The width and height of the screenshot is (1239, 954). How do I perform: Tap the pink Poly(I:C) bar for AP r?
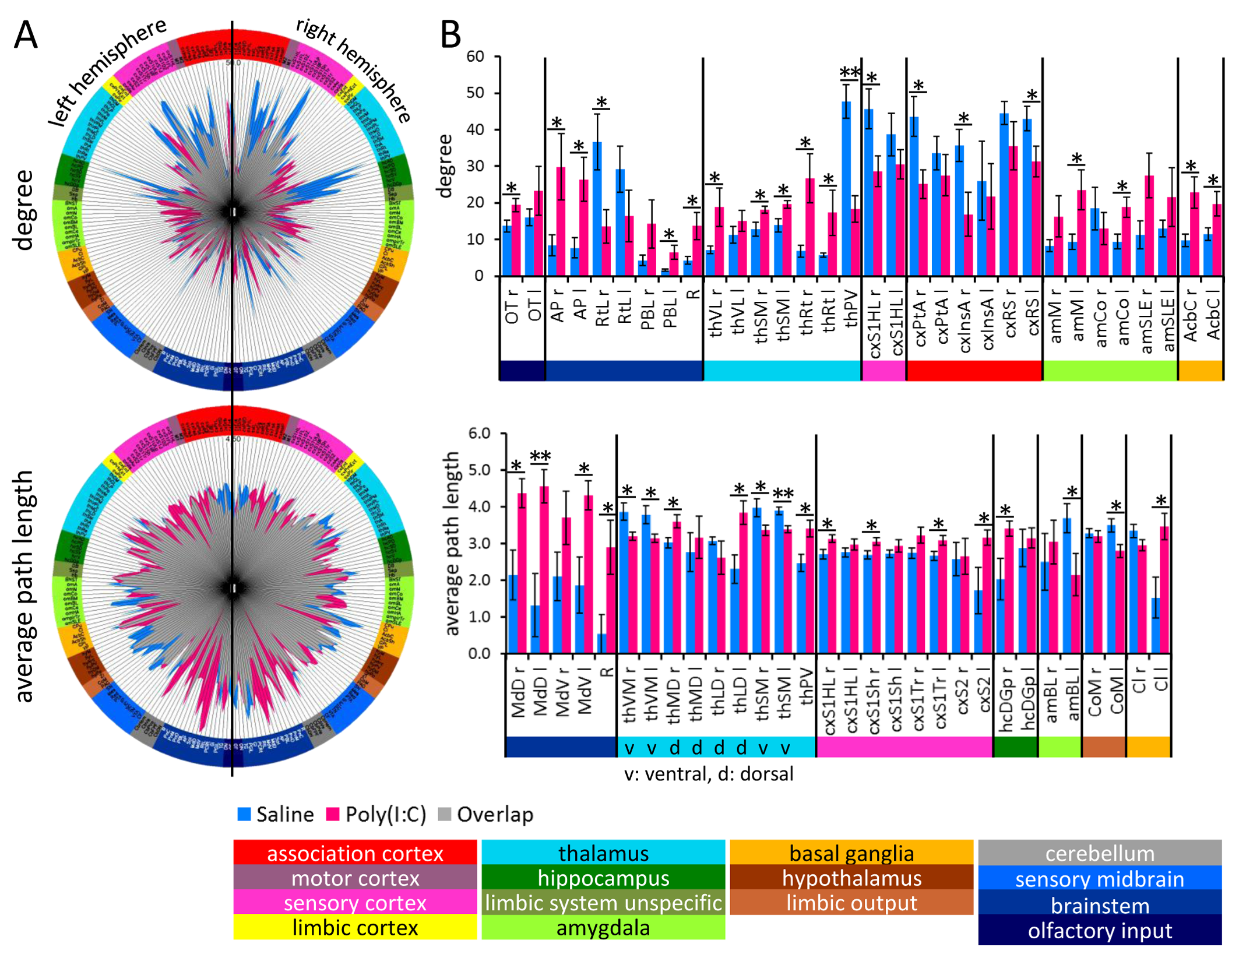[x=561, y=221]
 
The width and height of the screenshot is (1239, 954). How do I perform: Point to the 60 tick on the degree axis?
[x=476, y=57]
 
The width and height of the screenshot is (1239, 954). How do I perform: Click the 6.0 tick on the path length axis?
[x=480, y=433]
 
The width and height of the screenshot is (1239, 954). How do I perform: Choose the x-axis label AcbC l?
[x=1213, y=318]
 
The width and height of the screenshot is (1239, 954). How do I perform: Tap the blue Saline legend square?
[x=244, y=814]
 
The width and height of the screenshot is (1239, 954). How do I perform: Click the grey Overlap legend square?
[x=445, y=814]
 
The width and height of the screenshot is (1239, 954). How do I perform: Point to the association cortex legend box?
[x=355, y=853]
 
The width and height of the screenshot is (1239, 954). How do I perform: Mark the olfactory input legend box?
[x=1100, y=931]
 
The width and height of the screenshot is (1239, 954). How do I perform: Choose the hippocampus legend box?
[x=603, y=878]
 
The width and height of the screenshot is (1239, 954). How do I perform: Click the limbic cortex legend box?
[x=355, y=927]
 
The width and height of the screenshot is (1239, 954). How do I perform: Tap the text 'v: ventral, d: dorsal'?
[x=708, y=774]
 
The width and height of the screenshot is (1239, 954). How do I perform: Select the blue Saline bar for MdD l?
[x=535, y=629]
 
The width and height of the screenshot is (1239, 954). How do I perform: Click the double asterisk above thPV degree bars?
[x=850, y=73]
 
